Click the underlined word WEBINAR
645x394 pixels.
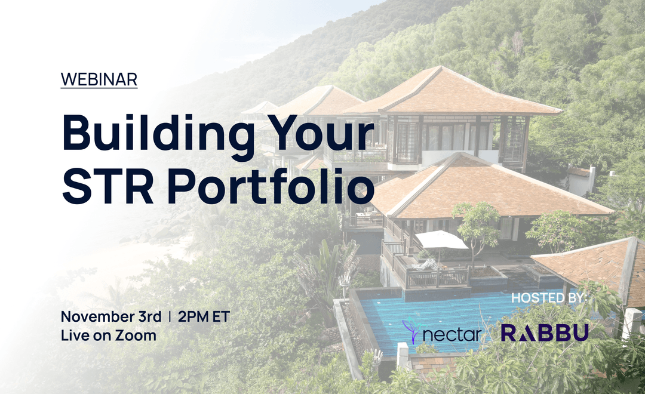[x=99, y=79]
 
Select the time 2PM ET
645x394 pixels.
[x=204, y=316]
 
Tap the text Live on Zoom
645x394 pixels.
[x=108, y=335]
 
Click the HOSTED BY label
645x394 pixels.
[x=549, y=297]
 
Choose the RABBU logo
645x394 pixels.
[x=545, y=333]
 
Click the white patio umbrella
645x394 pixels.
[x=441, y=240]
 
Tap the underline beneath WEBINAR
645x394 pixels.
[x=99, y=88]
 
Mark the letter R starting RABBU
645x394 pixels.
[x=509, y=333]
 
